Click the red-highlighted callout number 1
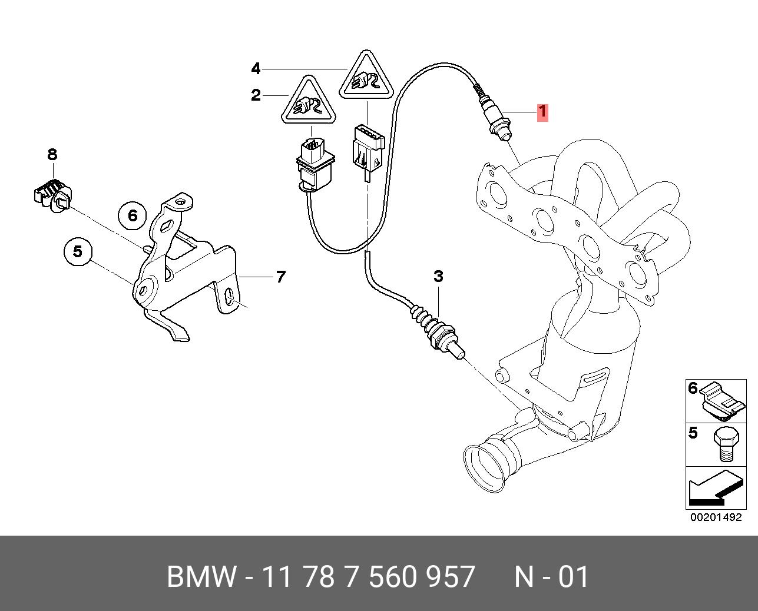(543, 112)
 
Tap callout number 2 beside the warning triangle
(256, 95)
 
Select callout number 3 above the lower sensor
(438, 277)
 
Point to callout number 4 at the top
(256, 69)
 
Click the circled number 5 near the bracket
(78, 252)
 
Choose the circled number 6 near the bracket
(133, 215)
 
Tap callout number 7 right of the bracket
(280, 277)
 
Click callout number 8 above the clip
(52, 154)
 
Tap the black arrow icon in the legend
(716, 487)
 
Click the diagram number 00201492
(716, 517)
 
